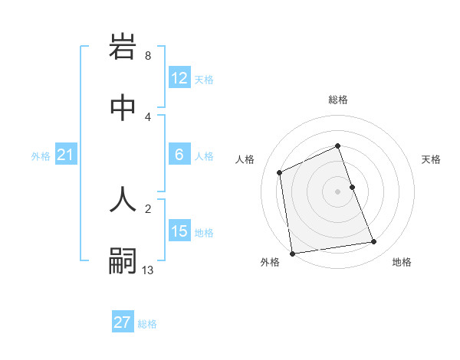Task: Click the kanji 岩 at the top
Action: pyautogui.click(x=123, y=47)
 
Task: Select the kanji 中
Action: pyautogui.click(x=123, y=109)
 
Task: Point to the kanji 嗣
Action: pyautogui.click(x=123, y=260)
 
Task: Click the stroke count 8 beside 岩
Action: pyautogui.click(x=147, y=56)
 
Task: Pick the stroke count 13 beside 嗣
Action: pyautogui.click(x=148, y=270)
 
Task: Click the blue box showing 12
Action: pyautogui.click(x=179, y=78)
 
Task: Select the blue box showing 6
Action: pyautogui.click(x=179, y=155)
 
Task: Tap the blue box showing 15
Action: pyautogui.click(x=179, y=231)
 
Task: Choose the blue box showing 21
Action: pyautogui.click(x=66, y=155)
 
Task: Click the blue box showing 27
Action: pyautogui.click(x=123, y=322)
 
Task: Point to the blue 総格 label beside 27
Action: pyautogui.click(x=147, y=324)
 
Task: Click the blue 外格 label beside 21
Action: pyautogui.click(x=41, y=156)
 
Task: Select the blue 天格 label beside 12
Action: pyautogui.click(x=204, y=79)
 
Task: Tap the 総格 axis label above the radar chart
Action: pyautogui.click(x=338, y=100)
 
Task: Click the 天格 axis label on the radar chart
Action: pyautogui.click(x=431, y=159)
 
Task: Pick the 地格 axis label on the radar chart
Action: pyautogui.click(x=402, y=262)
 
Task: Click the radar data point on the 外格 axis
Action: pyautogui.click(x=292, y=253)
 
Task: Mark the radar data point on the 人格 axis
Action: pyautogui.click(x=280, y=172)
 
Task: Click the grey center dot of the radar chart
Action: pyautogui.click(x=338, y=191)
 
